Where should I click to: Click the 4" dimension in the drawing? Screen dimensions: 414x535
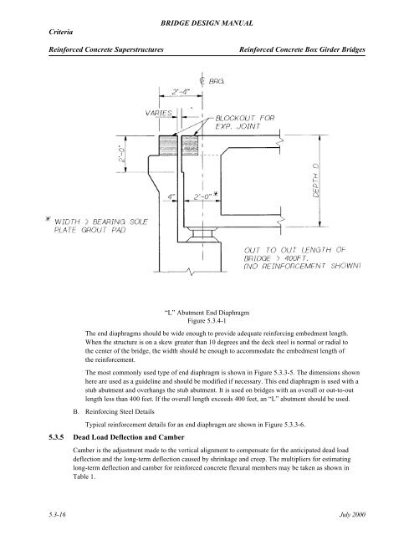[171, 197]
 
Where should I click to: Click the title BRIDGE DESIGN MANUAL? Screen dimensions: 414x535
[207, 16]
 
